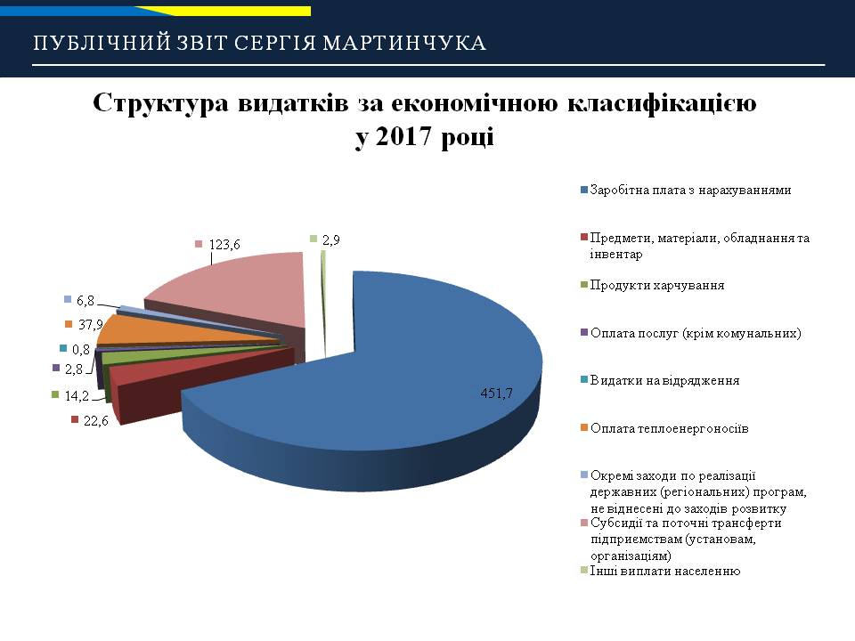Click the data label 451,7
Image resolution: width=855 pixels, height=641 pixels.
pos(496,393)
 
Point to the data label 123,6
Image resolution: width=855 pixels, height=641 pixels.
pos(224,245)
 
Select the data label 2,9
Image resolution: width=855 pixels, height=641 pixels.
pos(331,240)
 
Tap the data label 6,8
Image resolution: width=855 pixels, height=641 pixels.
pos(85,300)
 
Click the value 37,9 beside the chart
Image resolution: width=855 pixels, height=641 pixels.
pos(91,325)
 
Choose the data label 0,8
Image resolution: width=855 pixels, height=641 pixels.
pos(81,349)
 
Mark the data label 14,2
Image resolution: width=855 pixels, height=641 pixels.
pos(77,395)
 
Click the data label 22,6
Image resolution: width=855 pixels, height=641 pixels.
pos(96,420)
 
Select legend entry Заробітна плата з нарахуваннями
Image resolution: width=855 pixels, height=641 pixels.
pos(690,191)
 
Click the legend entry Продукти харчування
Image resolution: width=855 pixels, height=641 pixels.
pos(657,285)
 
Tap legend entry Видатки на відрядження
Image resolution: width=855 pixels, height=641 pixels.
pos(664,380)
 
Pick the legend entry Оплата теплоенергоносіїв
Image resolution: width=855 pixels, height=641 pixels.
pos(669,428)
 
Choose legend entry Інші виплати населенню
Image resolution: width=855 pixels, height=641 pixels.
pos(665,572)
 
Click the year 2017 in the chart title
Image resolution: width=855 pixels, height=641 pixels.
pos(403,135)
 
